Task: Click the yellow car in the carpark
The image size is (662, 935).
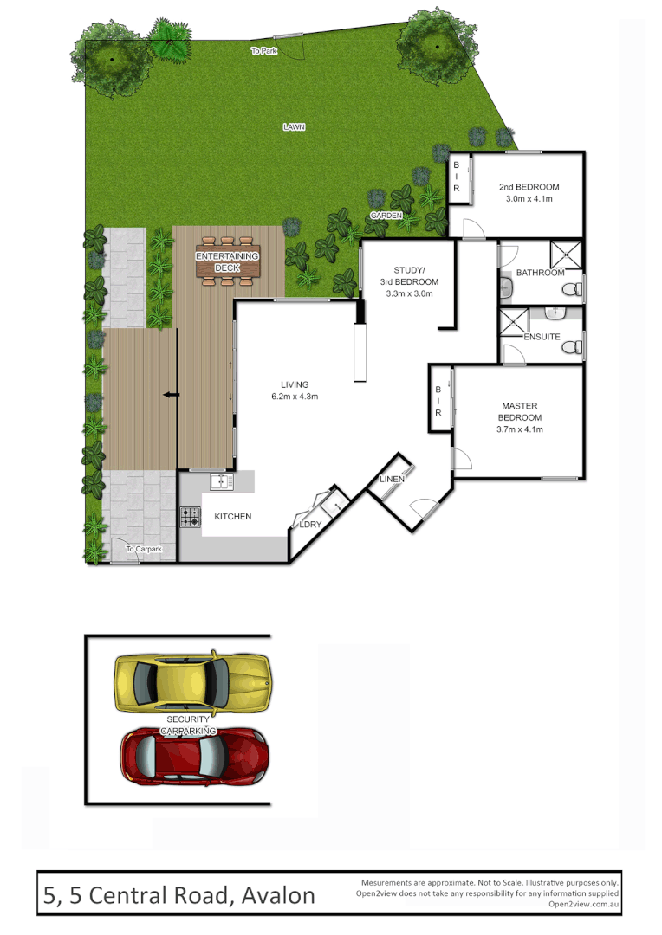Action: [x=191, y=683]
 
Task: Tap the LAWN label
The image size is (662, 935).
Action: [x=294, y=126]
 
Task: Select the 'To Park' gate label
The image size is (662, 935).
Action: [x=263, y=51]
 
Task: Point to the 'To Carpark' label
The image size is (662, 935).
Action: [x=143, y=549]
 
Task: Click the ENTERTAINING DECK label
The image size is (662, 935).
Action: [x=227, y=262]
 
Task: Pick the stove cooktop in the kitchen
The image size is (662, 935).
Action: [x=190, y=517]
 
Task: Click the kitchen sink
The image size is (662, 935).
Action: [x=221, y=481]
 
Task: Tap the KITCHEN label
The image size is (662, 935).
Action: [x=233, y=517]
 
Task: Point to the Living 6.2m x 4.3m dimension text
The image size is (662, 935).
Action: [x=294, y=397]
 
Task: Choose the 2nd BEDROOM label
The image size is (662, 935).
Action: [x=529, y=187]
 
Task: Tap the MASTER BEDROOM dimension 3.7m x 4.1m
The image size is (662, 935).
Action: [x=519, y=430]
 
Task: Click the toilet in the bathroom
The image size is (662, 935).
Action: [x=571, y=289]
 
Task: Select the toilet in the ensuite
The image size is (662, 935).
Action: [x=571, y=347]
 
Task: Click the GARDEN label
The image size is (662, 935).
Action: [x=386, y=215]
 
